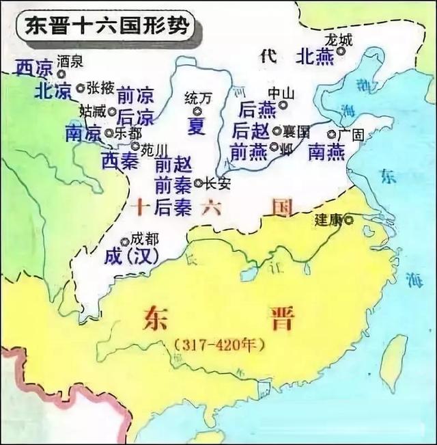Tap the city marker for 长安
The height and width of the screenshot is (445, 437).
coord(197,183)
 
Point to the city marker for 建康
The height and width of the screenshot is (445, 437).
coord(349,219)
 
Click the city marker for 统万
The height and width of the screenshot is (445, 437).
coord(197,111)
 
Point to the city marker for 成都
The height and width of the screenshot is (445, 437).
coord(124,241)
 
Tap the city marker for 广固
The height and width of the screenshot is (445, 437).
coord(331,135)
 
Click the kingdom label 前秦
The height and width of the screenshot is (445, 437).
coord(173,185)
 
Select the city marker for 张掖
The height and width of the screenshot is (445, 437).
coord(81,87)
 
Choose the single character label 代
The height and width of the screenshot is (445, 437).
coord(268,57)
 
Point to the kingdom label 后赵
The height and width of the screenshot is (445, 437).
coord(251,130)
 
